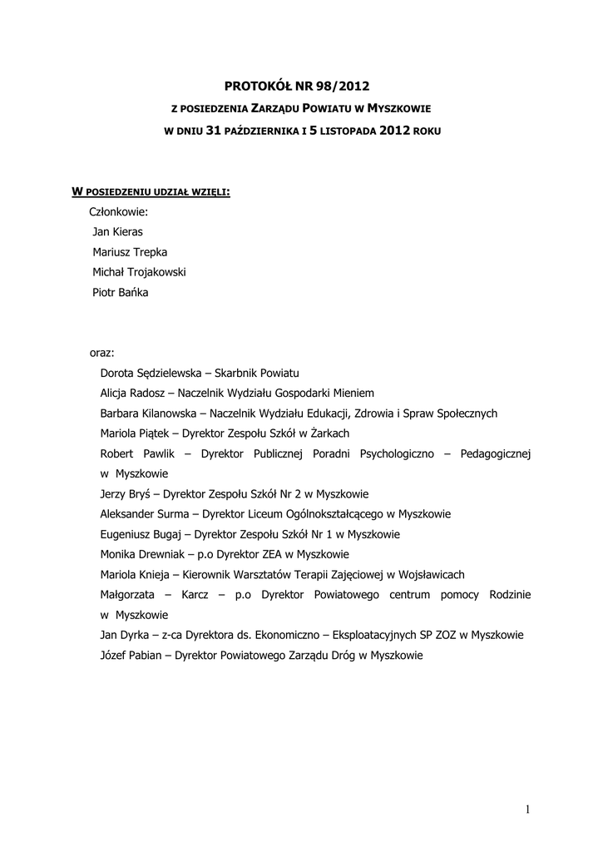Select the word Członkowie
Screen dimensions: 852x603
pyautogui.click(x=118, y=212)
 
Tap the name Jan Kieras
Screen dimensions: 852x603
pyautogui.click(x=117, y=232)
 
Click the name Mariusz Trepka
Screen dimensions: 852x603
pyautogui.click(x=129, y=252)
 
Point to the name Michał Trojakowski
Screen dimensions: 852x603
pyautogui.click(x=139, y=272)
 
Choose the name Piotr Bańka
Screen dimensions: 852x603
pyautogui.click(x=120, y=292)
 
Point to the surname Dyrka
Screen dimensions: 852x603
pyautogui.click(x=135, y=635)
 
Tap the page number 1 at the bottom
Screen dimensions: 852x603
pyautogui.click(x=527, y=810)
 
